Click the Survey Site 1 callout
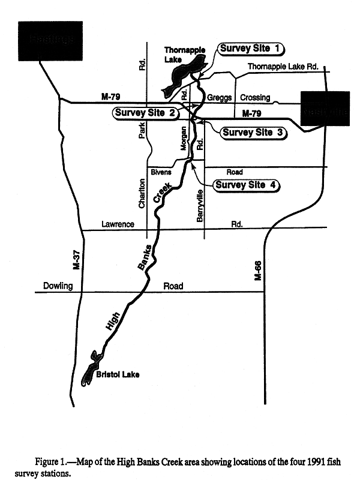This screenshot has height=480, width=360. coord(251,49)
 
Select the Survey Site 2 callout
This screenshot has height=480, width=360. coord(145,113)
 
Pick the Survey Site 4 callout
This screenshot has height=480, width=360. coord(247,185)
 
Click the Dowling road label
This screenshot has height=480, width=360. coord(58,287)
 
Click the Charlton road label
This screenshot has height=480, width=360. coord(142,194)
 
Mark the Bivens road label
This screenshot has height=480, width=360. coord(161,172)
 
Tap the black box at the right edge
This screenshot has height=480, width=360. coord(325,109)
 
